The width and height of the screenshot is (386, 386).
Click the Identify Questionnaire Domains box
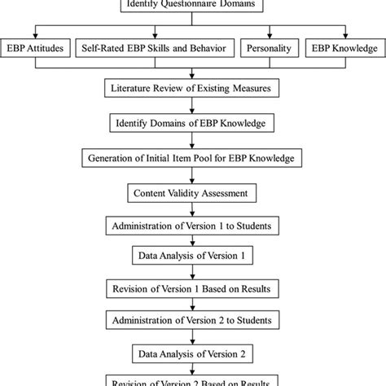(x=192, y=7)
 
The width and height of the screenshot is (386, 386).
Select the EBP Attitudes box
(x=36, y=50)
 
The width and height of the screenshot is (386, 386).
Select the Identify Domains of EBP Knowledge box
(x=192, y=123)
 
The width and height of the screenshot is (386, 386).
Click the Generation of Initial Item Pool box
(x=192, y=158)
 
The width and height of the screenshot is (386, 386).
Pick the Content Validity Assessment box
(x=192, y=194)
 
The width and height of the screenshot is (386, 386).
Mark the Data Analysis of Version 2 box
(x=192, y=354)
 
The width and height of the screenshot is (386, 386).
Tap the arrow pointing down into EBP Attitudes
(x=36, y=33)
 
